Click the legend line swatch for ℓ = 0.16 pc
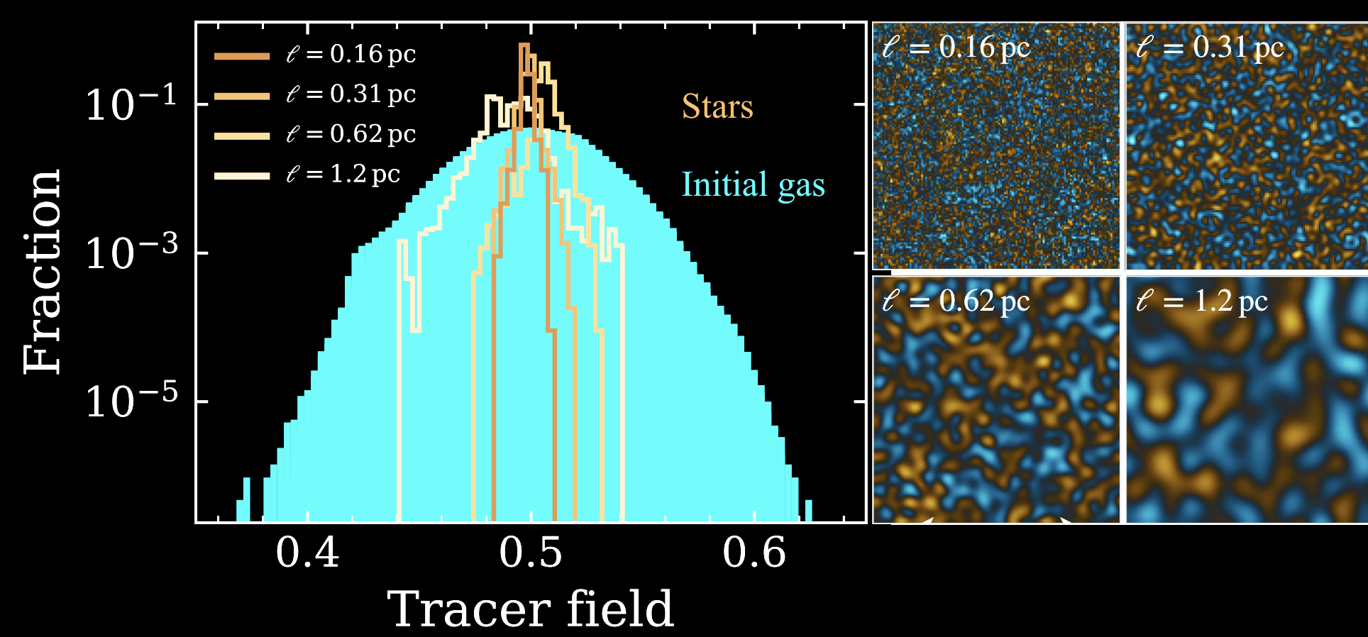[242, 55]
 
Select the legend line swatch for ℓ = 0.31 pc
[242, 95]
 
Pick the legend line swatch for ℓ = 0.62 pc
[242, 135]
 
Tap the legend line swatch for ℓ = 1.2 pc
[242, 175]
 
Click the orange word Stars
[717, 107]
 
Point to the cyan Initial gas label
[753, 185]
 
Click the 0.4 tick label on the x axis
[307, 553]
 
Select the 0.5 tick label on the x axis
[531, 553]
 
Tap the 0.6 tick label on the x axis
[754, 553]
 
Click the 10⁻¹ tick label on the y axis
[131, 104]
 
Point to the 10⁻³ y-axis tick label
[131, 253]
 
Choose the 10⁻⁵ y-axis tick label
[131, 401]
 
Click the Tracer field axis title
[530, 609]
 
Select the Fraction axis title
[43, 272]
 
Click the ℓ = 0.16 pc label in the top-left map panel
[956, 48]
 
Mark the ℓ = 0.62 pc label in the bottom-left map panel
[956, 301]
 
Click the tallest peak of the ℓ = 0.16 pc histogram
[524, 46]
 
